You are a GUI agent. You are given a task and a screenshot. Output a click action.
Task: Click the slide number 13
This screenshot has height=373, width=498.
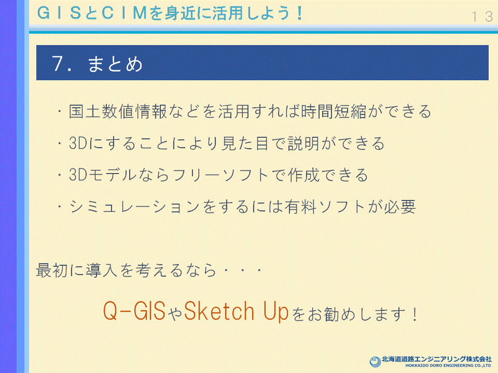482,17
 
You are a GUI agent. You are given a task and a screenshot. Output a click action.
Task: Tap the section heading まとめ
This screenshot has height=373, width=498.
115,64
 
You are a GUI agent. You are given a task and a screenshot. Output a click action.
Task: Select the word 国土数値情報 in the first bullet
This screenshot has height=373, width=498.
118,111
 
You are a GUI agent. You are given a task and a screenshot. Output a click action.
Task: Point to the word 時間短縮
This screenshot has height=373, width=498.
334,111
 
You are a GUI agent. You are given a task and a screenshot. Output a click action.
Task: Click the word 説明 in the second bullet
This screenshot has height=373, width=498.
303,144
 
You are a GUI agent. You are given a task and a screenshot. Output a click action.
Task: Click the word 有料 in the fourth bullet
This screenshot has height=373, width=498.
301,207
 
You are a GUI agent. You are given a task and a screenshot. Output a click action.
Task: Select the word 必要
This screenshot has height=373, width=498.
400,207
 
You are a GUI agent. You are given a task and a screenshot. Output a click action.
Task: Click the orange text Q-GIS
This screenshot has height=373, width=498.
134,311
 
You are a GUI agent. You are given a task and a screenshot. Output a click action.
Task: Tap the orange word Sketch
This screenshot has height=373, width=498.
219,311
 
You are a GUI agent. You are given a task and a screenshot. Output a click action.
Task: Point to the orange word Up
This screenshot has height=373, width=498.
275,312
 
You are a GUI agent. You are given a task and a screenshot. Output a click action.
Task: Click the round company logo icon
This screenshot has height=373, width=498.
375,362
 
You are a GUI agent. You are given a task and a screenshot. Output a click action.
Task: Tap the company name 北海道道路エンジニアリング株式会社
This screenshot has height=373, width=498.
437,359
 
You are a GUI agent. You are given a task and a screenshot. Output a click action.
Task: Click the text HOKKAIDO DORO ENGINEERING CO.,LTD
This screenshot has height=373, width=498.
448,366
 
